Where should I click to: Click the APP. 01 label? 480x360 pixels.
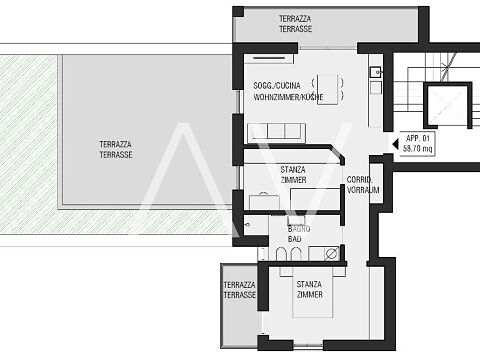click(418, 138)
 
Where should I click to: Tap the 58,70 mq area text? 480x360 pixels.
click(417, 148)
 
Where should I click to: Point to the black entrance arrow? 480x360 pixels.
click(395, 144)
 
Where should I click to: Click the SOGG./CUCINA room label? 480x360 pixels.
click(277, 86)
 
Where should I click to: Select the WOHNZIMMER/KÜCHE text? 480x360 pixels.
click(288, 97)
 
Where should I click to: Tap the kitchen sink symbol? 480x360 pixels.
click(376, 72)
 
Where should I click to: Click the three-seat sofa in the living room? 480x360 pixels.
click(276, 133)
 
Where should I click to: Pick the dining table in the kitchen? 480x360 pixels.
click(327, 90)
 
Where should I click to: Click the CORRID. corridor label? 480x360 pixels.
click(360, 180)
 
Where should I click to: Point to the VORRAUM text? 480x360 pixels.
click(363, 190)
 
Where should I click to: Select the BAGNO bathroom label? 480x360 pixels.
click(299, 229)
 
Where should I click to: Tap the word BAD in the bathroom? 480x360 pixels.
click(295, 239)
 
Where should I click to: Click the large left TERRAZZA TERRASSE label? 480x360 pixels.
click(116, 149)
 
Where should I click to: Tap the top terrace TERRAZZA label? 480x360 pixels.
click(295, 19)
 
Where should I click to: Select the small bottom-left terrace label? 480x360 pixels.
click(240, 290)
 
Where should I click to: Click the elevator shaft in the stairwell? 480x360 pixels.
click(448, 105)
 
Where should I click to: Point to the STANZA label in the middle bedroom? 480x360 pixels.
click(293, 170)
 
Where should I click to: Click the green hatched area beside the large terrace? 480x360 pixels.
click(28, 143)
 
